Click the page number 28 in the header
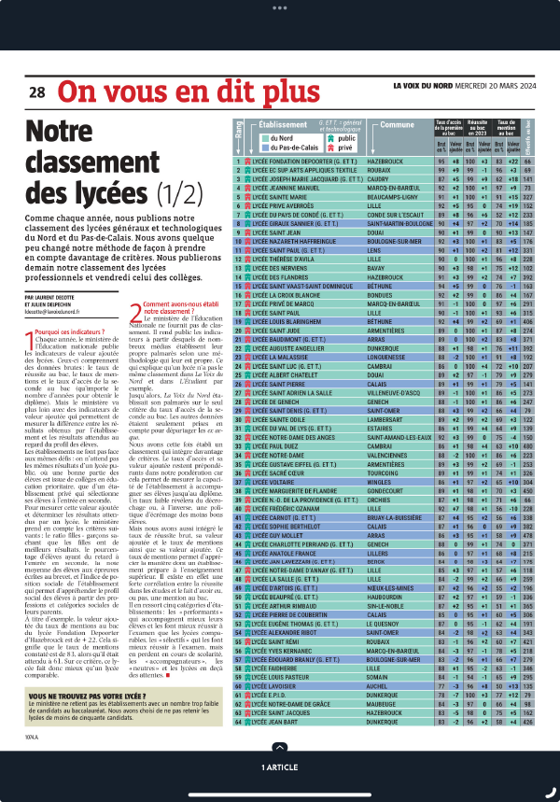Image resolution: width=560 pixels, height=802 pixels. point(36,92)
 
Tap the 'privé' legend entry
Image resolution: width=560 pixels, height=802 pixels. point(344,148)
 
